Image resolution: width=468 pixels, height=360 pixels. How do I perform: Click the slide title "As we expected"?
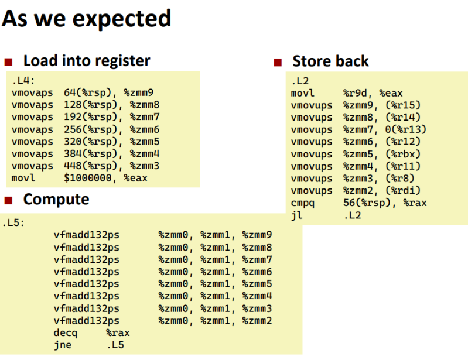[x=87, y=19]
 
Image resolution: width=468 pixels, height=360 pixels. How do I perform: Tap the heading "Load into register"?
[x=87, y=61]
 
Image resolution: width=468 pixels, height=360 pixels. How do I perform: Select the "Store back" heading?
[x=331, y=61]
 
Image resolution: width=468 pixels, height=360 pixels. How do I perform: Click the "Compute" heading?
[x=56, y=199]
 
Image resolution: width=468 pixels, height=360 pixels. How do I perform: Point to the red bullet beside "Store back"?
[x=278, y=62]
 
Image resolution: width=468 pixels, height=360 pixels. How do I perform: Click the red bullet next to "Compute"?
[x=8, y=200]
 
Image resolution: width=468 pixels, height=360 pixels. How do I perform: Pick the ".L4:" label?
[x=23, y=81]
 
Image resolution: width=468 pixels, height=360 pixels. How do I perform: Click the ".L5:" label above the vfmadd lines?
[x=13, y=223]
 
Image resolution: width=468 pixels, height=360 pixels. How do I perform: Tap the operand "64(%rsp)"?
[x=90, y=92]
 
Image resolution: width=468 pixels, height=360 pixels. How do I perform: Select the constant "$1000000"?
[x=88, y=178]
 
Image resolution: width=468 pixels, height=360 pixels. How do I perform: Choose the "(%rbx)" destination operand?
[x=403, y=154]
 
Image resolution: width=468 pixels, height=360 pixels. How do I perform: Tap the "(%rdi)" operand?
[x=403, y=191]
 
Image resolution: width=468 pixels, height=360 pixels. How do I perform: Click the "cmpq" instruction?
[x=303, y=203]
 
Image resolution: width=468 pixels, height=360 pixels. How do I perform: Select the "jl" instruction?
[x=297, y=215]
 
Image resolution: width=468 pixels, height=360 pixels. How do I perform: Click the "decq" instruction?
[x=66, y=333]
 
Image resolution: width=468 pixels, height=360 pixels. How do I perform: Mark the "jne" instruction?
[x=63, y=345]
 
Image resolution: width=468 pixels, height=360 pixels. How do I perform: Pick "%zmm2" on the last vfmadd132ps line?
[x=257, y=321]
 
